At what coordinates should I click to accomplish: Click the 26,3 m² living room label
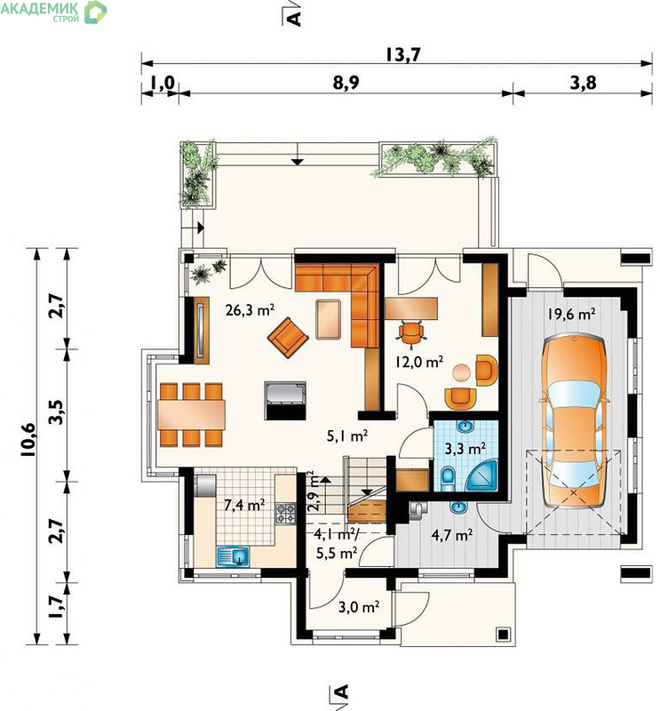(x=250, y=310)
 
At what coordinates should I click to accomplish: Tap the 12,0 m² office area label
(x=419, y=362)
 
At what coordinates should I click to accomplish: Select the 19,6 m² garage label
(x=571, y=314)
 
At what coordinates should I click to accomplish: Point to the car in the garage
(x=575, y=420)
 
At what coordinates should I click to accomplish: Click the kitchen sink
(x=233, y=556)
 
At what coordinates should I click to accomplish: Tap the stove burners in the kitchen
(x=285, y=515)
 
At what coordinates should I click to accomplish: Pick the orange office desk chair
(x=411, y=333)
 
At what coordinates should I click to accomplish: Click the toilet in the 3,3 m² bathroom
(x=448, y=479)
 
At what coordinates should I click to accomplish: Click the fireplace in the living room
(x=285, y=401)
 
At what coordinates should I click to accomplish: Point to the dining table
(x=191, y=414)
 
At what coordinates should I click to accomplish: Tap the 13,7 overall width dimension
(x=403, y=54)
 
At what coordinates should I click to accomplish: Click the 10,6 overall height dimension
(x=28, y=439)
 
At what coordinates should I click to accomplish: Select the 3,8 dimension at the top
(x=584, y=83)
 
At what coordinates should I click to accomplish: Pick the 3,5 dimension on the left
(x=56, y=411)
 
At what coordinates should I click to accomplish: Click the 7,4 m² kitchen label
(x=244, y=504)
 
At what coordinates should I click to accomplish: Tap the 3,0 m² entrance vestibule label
(x=359, y=607)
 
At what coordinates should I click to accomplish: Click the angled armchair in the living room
(x=288, y=338)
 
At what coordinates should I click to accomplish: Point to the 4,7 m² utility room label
(x=452, y=535)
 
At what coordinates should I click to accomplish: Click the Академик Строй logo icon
(x=95, y=12)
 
